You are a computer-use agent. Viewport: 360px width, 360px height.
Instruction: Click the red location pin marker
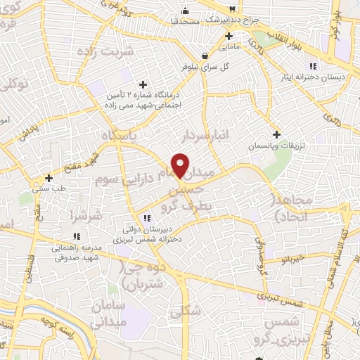[x=181, y=165]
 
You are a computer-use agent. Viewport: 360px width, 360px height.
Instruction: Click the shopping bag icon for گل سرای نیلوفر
[x=204, y=55]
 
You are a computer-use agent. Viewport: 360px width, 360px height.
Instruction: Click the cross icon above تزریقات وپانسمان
[x=276, y=134]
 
